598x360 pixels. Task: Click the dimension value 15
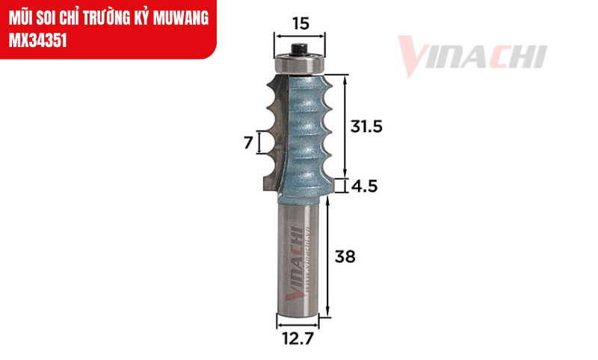tap(300, 23)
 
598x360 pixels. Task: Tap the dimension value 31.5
tap(366, 127)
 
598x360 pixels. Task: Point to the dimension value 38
tap(345, 257)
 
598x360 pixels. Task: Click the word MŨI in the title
tap(21, 16)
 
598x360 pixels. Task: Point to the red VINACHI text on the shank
tap(297, 261)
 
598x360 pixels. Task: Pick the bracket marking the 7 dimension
tap(259, 142)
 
